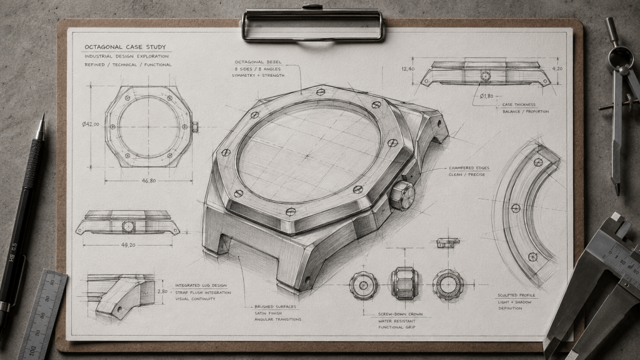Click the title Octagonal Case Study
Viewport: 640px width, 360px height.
125,47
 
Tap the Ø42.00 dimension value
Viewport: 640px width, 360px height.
91,124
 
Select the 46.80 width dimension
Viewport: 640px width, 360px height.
148,181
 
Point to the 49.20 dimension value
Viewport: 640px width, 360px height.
127,245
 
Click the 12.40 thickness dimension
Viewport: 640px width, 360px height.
407,69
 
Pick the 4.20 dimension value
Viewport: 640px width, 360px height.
557,69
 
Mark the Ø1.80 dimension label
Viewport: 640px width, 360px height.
486,96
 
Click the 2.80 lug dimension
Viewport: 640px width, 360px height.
162,292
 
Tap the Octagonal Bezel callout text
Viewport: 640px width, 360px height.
258,62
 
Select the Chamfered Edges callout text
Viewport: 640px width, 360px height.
469,167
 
